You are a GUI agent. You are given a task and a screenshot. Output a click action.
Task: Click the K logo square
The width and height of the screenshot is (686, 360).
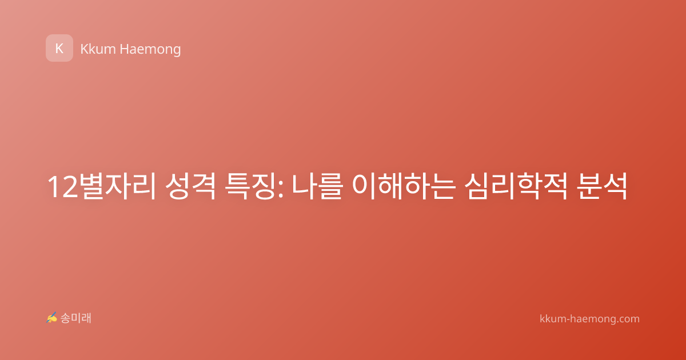coord(59,48)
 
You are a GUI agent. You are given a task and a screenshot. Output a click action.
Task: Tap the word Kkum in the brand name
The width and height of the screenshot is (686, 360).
coord(98,49)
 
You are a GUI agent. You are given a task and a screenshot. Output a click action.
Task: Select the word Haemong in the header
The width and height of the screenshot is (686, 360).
coord(150,50)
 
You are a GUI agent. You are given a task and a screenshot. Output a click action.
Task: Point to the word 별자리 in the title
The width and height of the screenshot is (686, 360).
coord(119,186)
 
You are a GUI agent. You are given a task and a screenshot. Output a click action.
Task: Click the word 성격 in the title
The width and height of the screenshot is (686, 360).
coord(190,186)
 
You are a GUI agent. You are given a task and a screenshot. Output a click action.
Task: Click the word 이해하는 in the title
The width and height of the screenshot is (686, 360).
coord(404,186)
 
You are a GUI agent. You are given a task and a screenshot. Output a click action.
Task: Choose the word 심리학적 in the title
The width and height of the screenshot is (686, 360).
coord(516,186)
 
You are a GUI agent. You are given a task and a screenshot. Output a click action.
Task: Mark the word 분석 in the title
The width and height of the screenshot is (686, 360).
coord(601,186)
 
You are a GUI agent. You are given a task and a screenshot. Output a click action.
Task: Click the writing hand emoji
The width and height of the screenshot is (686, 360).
coord(51,318)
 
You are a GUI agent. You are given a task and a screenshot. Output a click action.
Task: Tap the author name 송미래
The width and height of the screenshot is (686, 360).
coord(75,318)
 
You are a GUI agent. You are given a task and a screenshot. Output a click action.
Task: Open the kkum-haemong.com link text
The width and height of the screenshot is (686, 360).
coord(589,319)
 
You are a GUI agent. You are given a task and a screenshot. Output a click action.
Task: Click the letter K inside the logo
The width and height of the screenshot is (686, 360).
coord(59,49)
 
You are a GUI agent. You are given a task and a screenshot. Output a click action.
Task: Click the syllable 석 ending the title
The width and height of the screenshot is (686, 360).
coord(615,186)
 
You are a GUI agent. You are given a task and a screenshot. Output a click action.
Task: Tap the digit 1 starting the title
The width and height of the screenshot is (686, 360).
coord(54,187)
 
